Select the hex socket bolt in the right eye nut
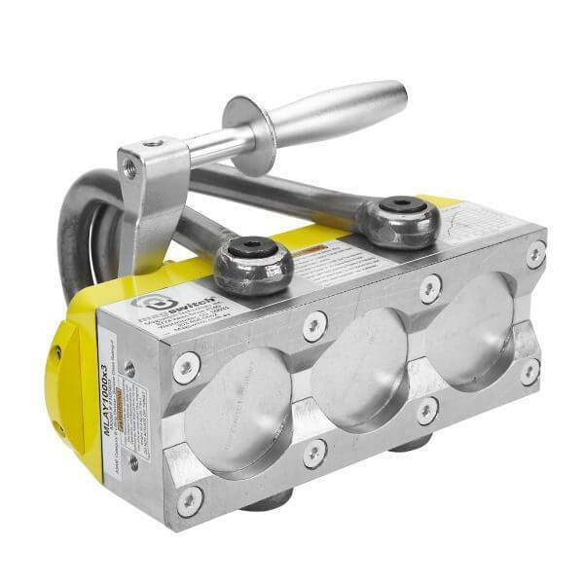[x=399, y=205]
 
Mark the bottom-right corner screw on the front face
[x=529, y=371]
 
